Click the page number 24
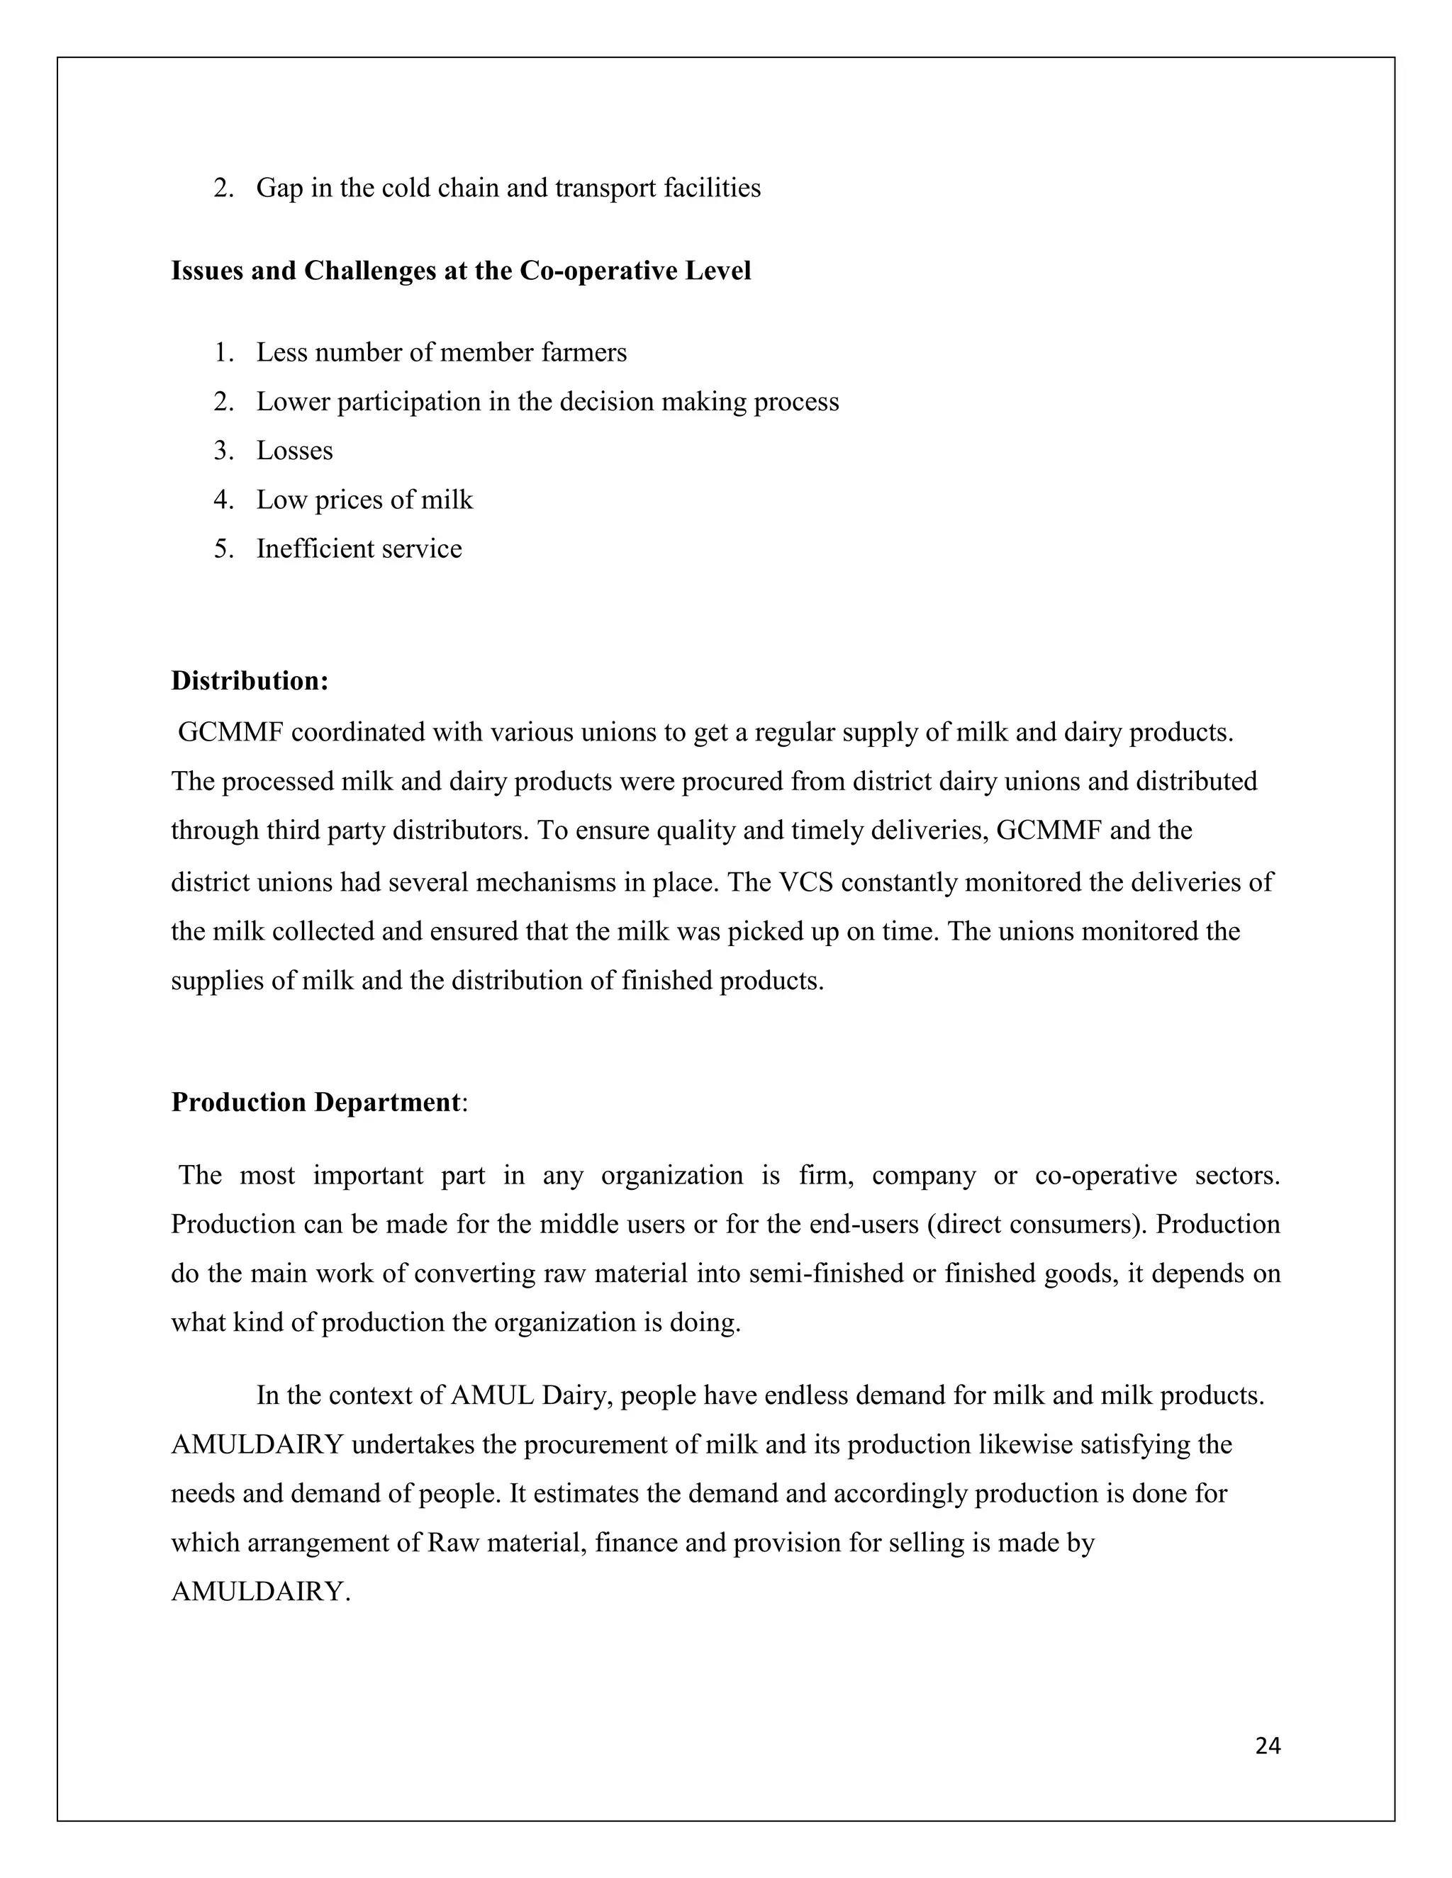pos(1267,1745)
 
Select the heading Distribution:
pos(250,681)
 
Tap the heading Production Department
pos(315,1103)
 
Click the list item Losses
pos(294,451)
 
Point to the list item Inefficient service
pos(359,549)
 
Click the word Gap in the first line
pos(279,189)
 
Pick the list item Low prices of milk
pos(364,500)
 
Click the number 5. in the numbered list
pos(223,549)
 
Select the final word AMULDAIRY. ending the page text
pos(261,1592)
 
